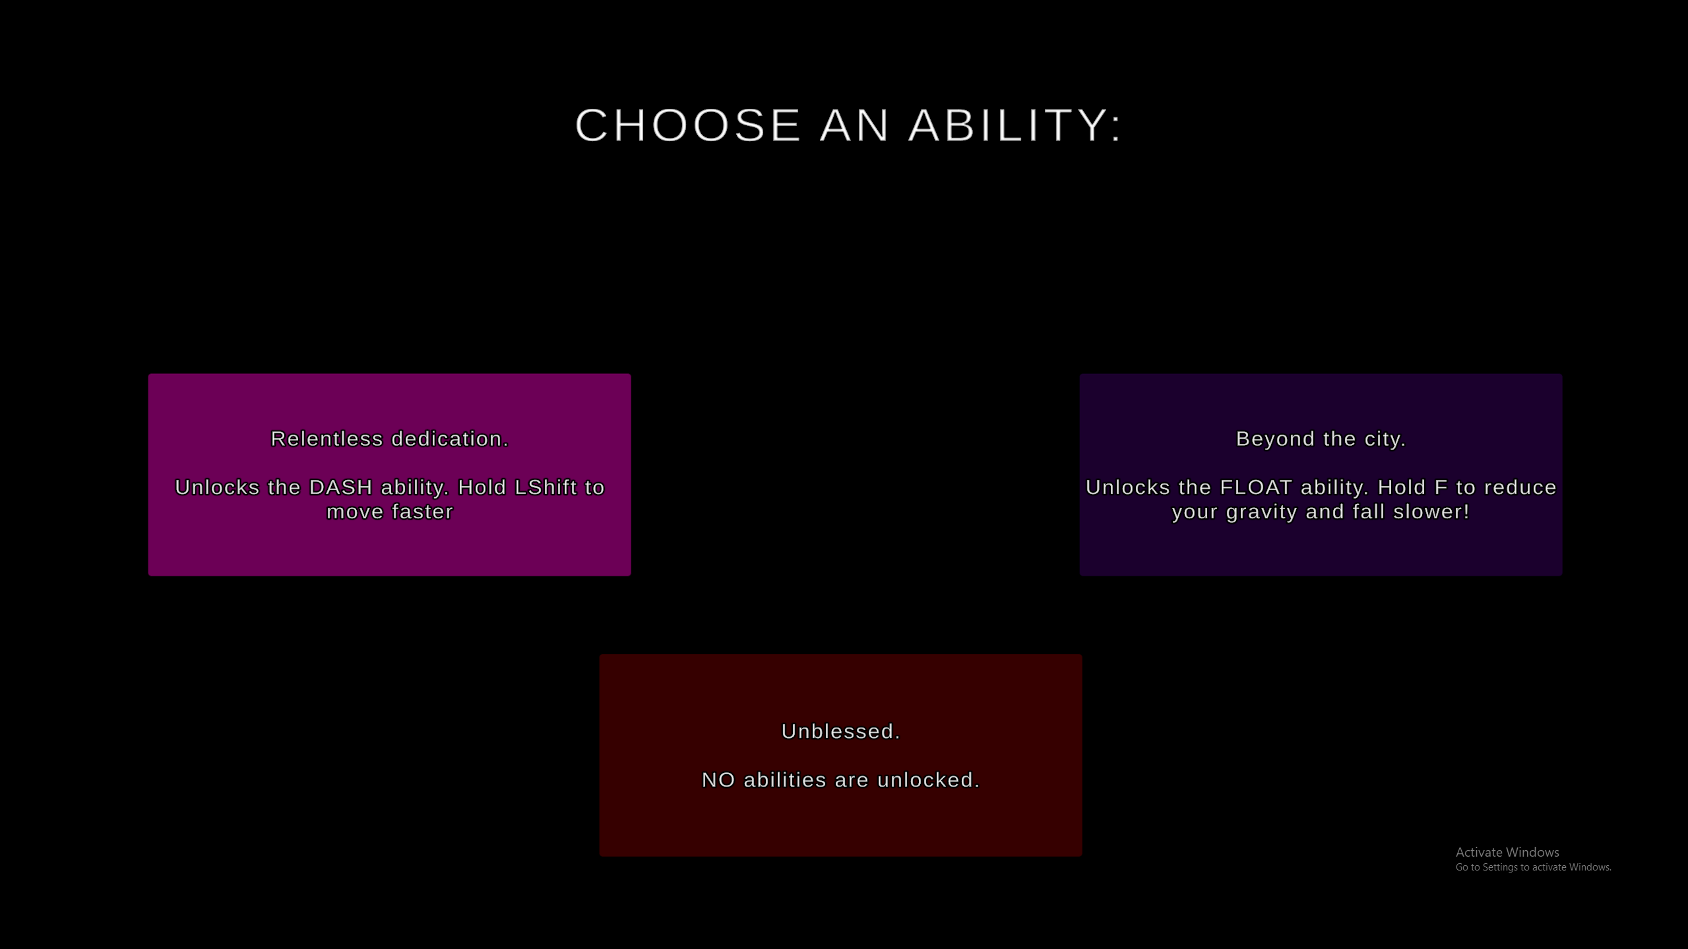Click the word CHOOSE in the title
coord(688,125)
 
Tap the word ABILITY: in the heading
coord(1015,125)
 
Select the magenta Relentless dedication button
coord(389,475)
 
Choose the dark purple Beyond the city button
coord(1321,475)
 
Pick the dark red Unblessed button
coord(840,755)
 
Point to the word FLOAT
coord(1256,487)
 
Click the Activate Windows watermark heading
coord(1507,852)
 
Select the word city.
coord(1385,439)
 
